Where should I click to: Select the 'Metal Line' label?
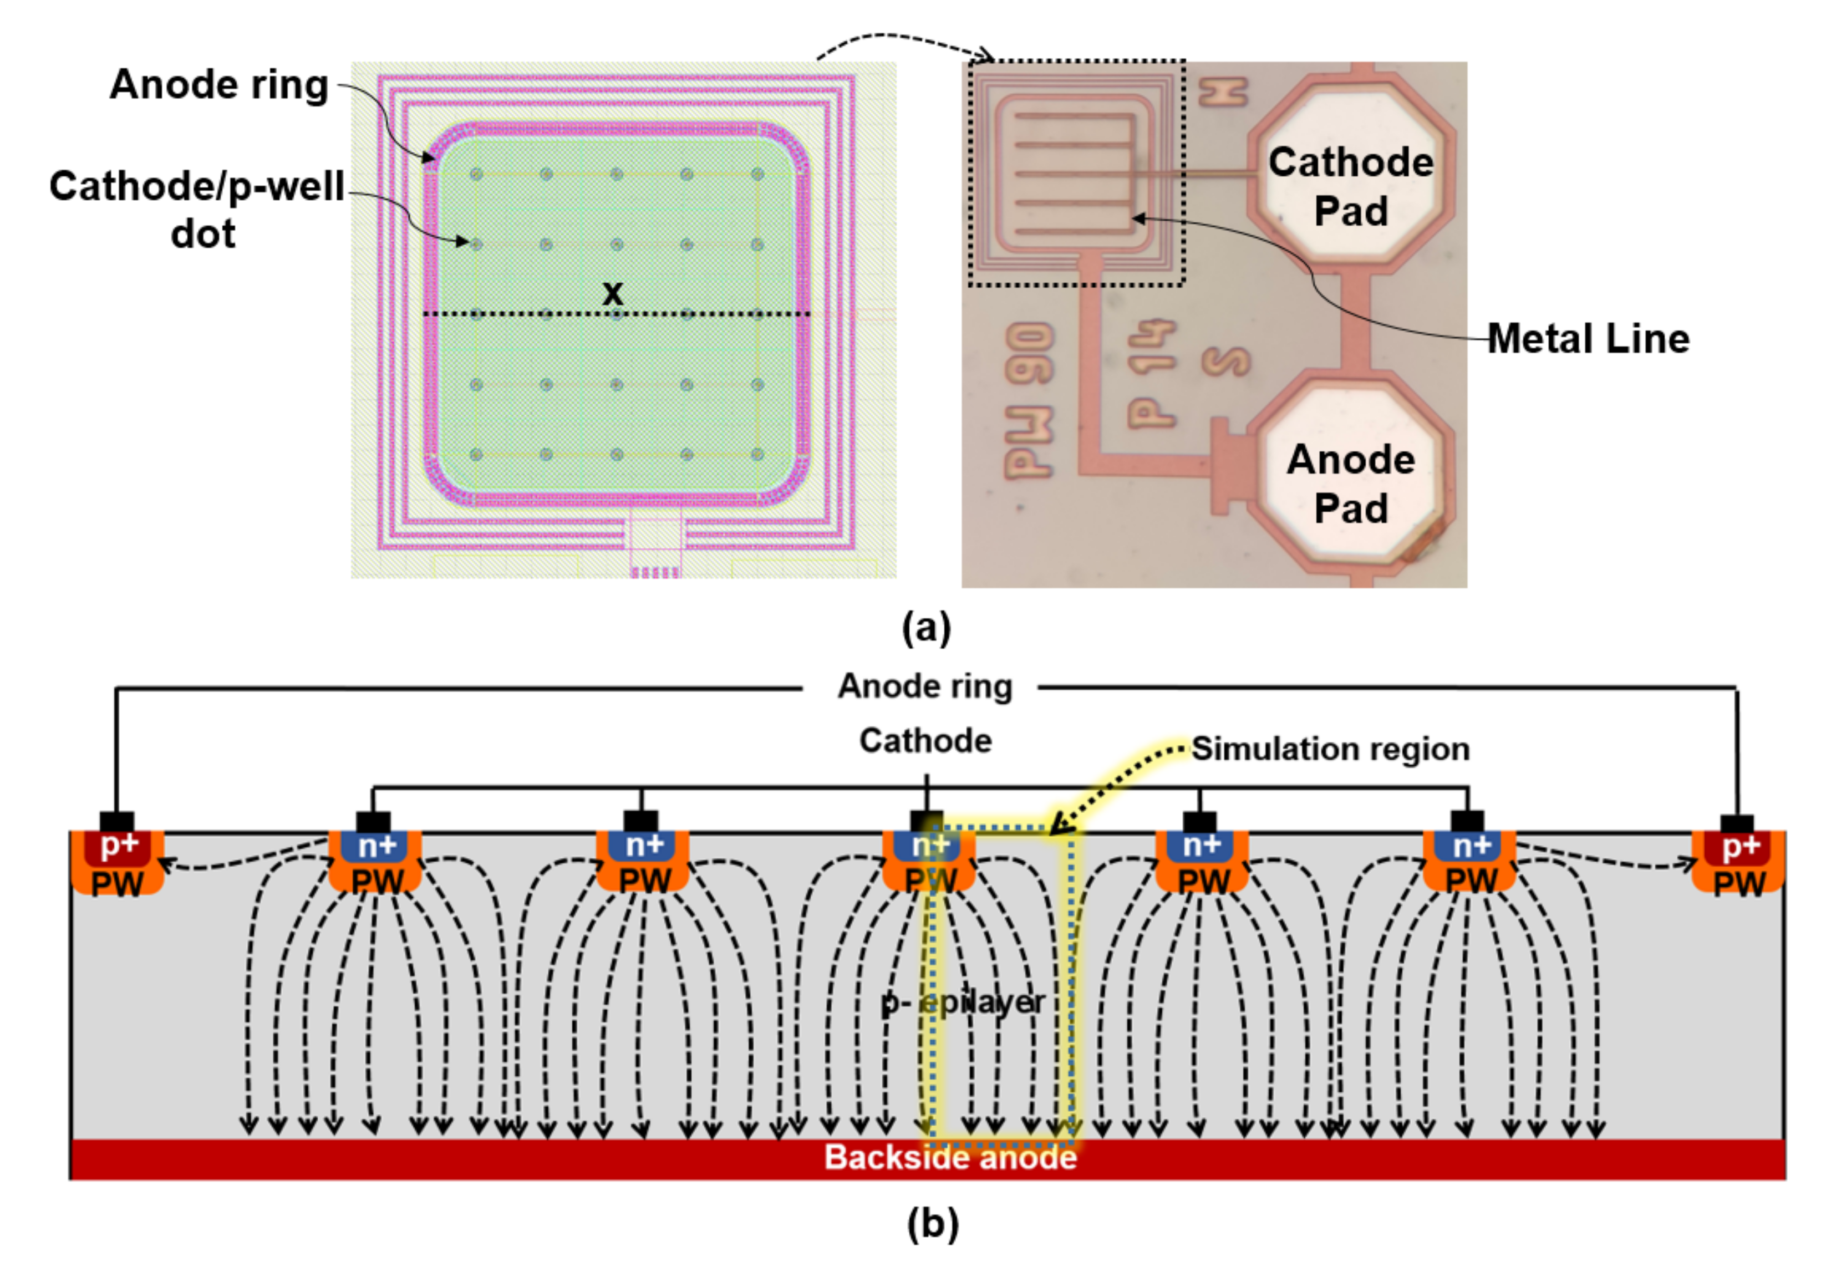1588,338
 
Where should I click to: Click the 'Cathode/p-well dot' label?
197,210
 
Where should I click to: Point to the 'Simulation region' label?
1330,749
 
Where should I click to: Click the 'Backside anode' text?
950,1158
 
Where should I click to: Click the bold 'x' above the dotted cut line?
612,293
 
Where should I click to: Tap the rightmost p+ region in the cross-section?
1739,847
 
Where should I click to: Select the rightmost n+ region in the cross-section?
1470,847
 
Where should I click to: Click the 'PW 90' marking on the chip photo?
1028,399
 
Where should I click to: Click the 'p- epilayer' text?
962,1003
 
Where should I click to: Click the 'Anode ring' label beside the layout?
219,85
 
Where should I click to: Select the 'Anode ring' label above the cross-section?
924,686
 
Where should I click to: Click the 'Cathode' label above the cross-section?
925,741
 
